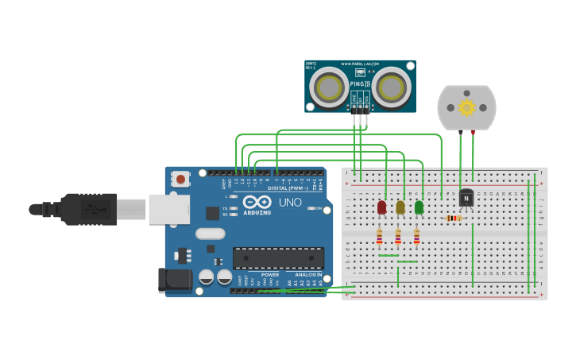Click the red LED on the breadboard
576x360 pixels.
coord(381,207)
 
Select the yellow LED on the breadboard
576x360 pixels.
coord(400,207)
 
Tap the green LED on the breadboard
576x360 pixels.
coord(419,207)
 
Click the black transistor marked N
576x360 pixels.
coord(466,198)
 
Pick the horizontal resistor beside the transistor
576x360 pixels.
coord(454,219)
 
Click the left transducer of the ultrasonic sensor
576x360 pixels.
coord(329,87)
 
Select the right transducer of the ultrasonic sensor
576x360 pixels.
coord(392,87)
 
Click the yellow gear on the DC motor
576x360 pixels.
coord(466,107)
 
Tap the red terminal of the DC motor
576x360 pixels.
coord(473,132)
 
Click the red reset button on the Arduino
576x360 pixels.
coord(181,180)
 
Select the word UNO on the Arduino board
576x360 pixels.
coord(290,202)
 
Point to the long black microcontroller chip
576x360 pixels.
coord(278,257)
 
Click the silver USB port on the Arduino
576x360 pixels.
coord(169,209)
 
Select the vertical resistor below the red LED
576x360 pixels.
coord(379,237)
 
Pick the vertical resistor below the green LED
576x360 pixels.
coord(416,237)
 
